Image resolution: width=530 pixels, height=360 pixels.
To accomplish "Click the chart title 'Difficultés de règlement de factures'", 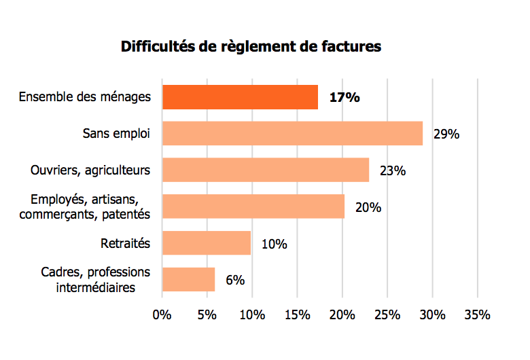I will tap(251, 47).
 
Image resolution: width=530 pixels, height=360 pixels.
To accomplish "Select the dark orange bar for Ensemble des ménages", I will tap(240, 97).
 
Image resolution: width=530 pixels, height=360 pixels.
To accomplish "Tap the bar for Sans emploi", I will tap(292, 133).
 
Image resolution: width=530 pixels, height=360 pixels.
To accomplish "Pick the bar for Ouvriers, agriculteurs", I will tap(266, 170).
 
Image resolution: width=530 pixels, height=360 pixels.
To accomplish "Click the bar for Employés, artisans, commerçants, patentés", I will tap(253, 206).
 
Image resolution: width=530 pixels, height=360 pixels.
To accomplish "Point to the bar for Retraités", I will tap(207, 242).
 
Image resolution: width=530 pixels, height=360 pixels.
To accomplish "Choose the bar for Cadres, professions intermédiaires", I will tap(188, 279).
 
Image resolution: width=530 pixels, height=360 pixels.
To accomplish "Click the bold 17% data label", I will tap(344, 97).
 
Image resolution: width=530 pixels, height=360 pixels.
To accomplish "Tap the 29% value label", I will tap(446, 134).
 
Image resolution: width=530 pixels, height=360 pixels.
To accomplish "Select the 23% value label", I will tap(393, 170).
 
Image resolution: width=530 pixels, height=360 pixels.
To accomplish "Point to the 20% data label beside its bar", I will tap(368, 207).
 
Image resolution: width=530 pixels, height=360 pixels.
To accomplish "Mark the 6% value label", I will tap(235, 279).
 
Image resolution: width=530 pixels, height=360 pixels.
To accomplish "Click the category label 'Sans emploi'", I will tap(117, 133).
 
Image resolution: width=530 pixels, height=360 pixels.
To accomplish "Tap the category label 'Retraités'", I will tap(126, 242).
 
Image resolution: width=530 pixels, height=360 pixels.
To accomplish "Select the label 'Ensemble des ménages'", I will tap(85, 97).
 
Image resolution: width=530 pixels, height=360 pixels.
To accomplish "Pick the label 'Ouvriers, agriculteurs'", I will tap(90, 170).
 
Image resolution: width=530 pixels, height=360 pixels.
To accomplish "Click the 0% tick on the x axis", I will tap(162, 315).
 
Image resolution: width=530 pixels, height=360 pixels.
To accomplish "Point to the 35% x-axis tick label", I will tap(476, 315).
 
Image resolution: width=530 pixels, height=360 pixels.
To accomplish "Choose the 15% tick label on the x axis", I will tap(296, 315).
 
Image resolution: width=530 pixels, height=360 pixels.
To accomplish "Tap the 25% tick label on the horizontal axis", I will tap(387, 315).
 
